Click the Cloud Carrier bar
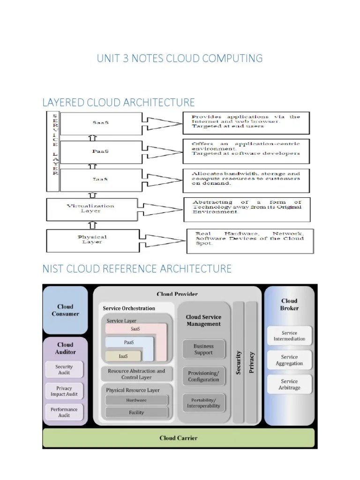179,438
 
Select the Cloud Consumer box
65,310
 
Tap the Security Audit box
64,369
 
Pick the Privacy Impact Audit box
64,391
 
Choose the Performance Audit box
64,412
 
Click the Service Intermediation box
289,336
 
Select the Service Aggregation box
289,360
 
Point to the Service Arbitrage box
289,384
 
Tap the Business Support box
203,349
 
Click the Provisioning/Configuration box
203,376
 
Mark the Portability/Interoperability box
203,402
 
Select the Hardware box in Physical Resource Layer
136,400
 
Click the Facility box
136,412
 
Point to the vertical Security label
239,362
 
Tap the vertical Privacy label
252,362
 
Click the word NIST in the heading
52,269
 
